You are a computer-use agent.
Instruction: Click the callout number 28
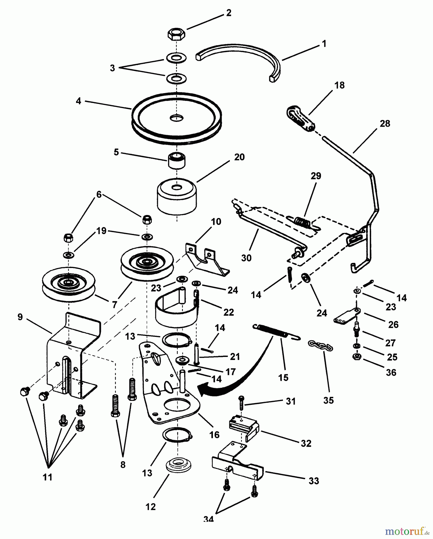(x=385, y=123)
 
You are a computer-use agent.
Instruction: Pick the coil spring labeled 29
(x=301, y=221)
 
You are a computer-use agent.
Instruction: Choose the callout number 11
(x=48, y=477)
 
